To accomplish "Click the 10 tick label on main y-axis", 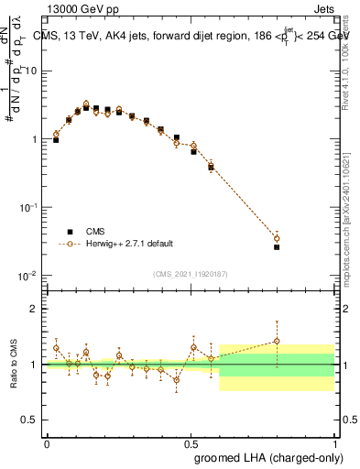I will point(31,71).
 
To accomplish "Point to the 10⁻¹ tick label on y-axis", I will point(28,208).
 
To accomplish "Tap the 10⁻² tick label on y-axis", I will point(28,276).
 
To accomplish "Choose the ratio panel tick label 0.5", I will point(32,420).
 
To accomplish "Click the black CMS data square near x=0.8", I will point(277,247).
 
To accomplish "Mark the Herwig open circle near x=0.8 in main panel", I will point(277,238).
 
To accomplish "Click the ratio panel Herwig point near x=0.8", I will point(277,342).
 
